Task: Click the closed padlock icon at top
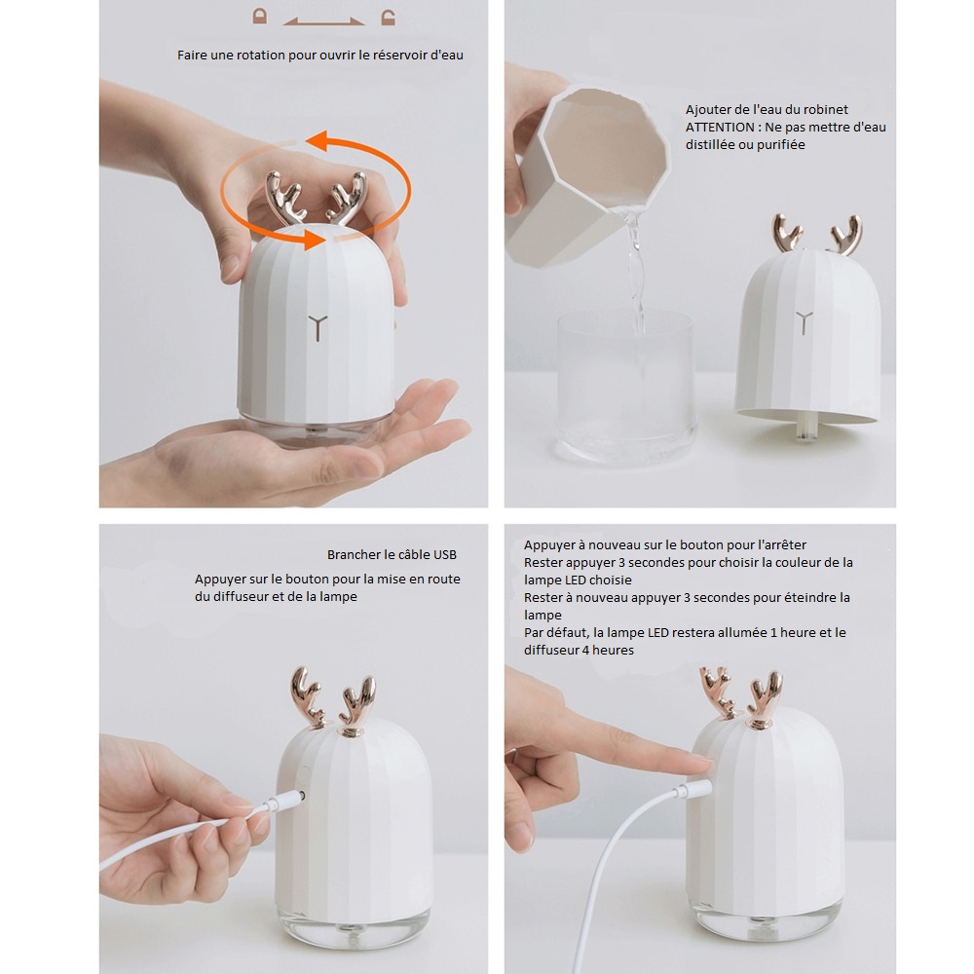click(x=260, y=17)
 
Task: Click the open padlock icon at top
click(x=389, y=18)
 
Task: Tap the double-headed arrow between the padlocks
click(x=323, y=22)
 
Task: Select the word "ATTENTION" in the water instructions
click(x=720, y=128)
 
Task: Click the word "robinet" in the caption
click(x=826, y=110)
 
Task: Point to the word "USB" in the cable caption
click(x=445, y=555)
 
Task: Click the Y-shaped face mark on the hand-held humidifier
click(x=318, y=327)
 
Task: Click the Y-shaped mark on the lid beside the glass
click(x=805, y=323)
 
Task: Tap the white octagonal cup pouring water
click(x=587, y=175)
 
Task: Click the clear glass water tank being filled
click(x=625, y=385)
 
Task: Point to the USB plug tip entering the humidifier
click(x=301, y=795)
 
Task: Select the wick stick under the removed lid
click(x=805, y=430)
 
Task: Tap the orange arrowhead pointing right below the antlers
click(x=315, y=240)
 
